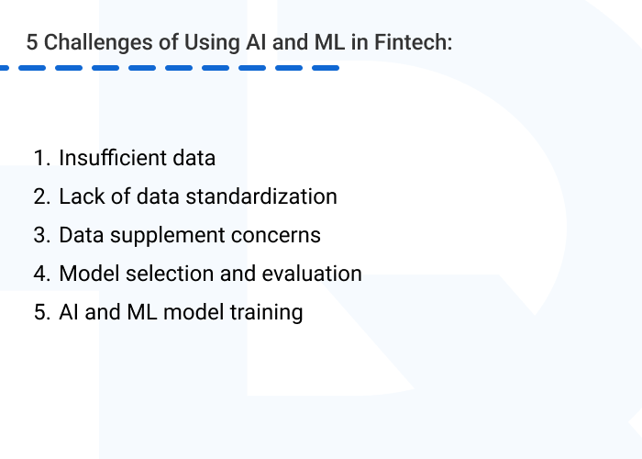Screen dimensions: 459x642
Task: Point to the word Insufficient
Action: point(112,158)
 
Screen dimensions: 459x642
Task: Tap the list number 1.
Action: point(39,158)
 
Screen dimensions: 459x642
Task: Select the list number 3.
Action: point(39,235)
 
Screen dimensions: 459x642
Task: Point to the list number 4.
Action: point(39,274)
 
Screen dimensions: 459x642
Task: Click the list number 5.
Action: point(39,312)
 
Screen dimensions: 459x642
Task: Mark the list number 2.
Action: point(39,196)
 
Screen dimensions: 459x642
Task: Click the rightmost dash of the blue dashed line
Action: point(325,68)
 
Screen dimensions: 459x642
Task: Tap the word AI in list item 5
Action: point(69,312)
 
